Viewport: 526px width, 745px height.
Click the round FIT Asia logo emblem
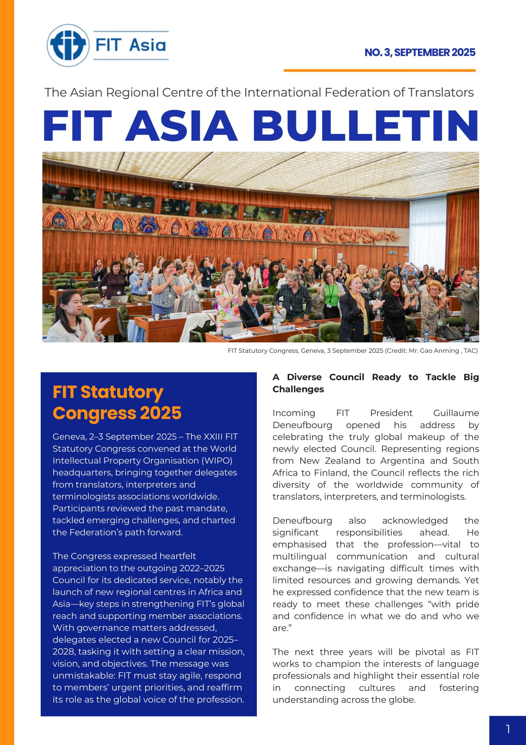(x=68, y=45)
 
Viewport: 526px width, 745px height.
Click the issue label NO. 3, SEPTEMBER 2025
(x=420, y=53)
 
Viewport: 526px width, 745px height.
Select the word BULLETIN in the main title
(x=365, y=126)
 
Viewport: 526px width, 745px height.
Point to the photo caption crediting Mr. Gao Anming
(x=353, y=351)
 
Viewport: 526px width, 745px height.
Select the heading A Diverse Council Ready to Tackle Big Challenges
(x=375, y=383)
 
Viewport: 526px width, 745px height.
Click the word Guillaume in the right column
(x=456, y=413)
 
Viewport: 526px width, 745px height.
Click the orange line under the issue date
(x=379, y=70)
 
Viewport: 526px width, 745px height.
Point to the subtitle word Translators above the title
(x=441, y=93)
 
